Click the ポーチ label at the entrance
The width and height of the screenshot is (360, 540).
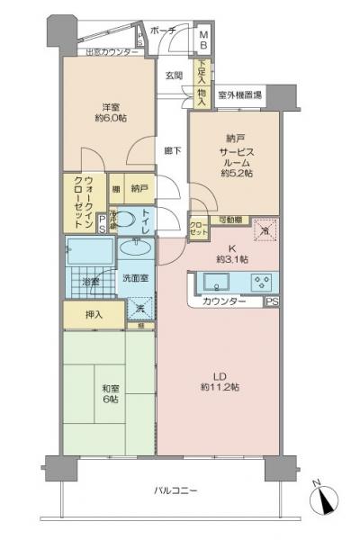164,30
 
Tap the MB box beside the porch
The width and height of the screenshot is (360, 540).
203,40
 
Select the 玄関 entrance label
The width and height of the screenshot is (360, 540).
174,75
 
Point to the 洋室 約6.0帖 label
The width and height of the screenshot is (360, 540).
111,110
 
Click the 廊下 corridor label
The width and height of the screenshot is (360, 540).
171,150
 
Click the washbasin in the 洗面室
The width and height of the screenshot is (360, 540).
137,246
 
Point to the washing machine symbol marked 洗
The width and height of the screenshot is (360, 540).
139,309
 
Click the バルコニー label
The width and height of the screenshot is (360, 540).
174,490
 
